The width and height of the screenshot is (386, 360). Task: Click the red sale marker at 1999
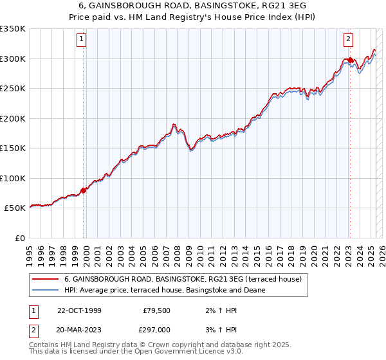84,190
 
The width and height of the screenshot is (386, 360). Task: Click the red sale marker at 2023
349,60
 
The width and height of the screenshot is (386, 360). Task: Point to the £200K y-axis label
12,118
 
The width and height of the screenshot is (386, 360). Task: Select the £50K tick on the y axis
15,208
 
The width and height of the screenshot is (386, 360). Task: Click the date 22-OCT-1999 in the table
79,310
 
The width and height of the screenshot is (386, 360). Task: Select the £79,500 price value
158,310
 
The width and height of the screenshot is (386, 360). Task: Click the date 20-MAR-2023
79,329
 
